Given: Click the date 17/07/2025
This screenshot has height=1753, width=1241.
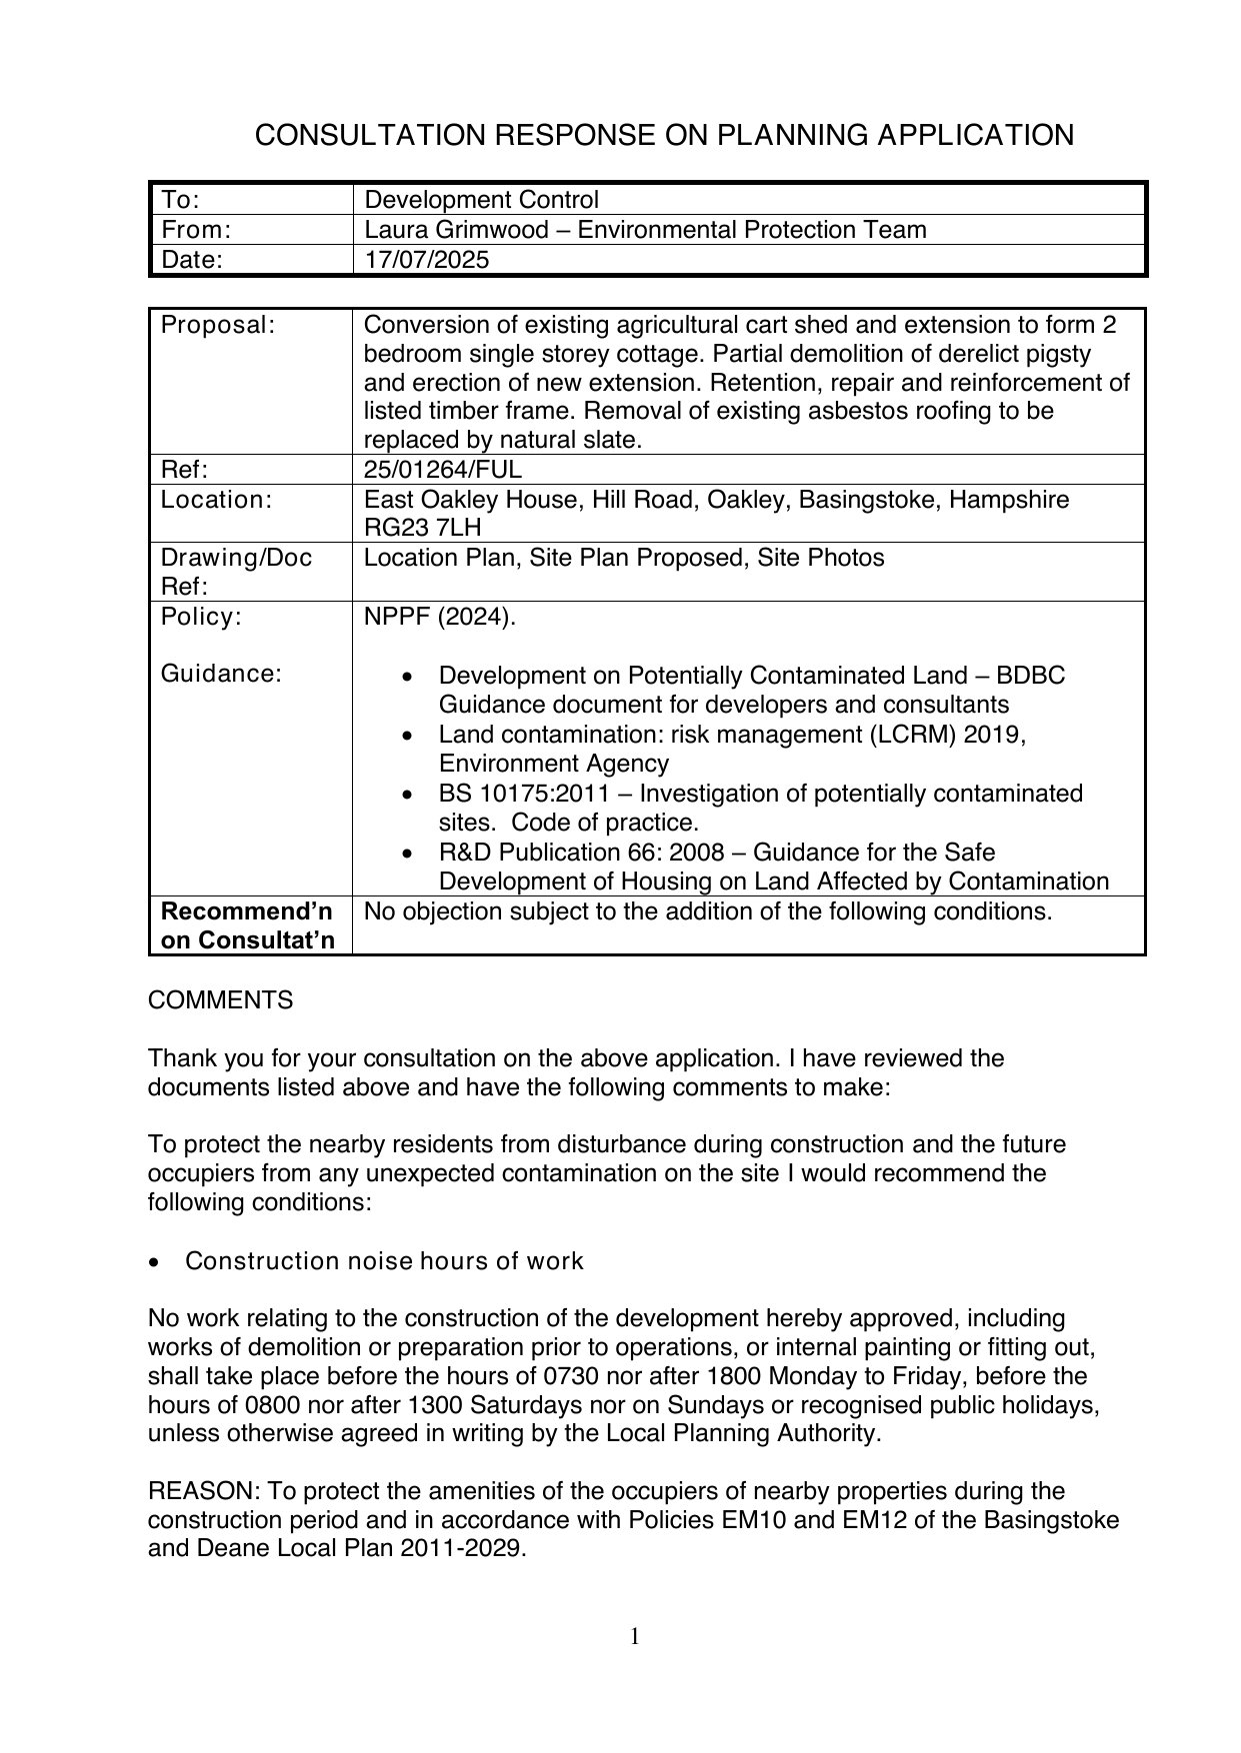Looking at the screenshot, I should point(427,260).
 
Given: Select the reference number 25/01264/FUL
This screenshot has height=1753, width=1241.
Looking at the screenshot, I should point(442,470).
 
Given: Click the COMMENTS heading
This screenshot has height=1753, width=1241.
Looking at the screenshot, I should point(220,1000).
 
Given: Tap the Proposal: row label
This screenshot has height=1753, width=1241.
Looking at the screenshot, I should point(217,325).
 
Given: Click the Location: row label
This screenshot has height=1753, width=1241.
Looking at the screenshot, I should point(216,500).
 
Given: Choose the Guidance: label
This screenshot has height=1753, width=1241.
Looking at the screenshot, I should point(222,674).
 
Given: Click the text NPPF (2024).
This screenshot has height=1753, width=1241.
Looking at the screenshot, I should point(440,617).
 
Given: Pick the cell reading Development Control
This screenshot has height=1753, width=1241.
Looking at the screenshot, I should point(481,200).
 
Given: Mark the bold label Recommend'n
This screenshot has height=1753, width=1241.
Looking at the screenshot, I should point(246,911).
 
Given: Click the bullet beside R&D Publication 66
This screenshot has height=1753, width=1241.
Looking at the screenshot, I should point(405,854).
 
